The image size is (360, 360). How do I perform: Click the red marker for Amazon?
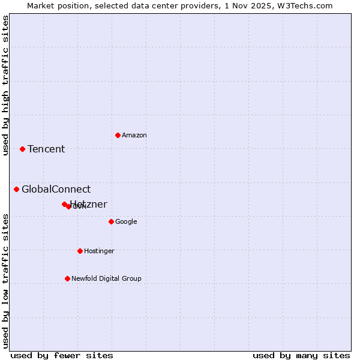click(118, 135)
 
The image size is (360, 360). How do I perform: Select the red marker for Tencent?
click(22, 149)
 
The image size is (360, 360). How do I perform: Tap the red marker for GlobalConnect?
click(16, 190)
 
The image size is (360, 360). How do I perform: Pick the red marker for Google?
click(111, 221)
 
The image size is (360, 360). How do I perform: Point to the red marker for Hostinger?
click(80, 251)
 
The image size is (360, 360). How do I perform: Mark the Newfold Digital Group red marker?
click(67, 278)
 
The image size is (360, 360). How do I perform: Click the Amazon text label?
click(134, 136)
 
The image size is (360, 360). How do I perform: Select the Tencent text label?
click(46, 149)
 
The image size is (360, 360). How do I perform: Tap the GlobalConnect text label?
click(56, 190)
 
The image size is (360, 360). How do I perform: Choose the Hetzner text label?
click(89, 204)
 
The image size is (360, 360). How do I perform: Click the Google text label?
click(126, 222)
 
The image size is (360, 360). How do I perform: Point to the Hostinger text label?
click(99, 251)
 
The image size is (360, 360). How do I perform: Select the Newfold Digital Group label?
click(106, 279)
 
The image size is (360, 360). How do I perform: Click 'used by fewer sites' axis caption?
click(62, 355)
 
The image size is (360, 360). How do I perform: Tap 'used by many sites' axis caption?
click(301, 355)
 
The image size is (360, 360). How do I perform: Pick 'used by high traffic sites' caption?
click(6, 85)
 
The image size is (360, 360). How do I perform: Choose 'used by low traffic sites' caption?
click(6, 280)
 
